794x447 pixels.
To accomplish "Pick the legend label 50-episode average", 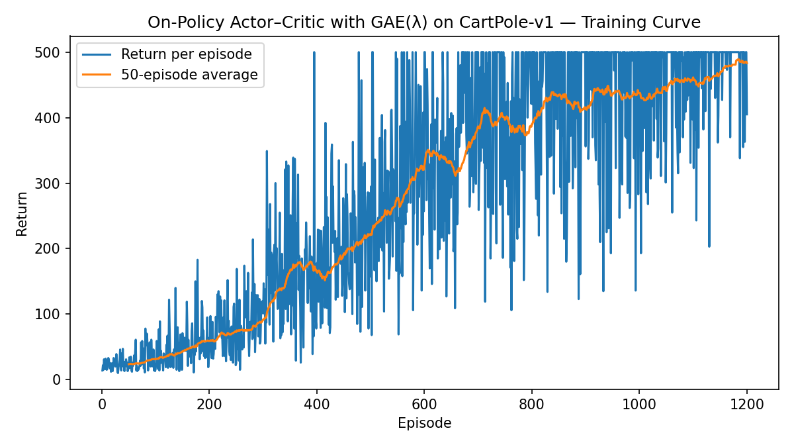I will [x=189, y=75].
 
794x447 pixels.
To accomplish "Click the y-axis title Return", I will [x=22, y=213].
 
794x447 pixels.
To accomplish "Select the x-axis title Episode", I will [x=424, y=424].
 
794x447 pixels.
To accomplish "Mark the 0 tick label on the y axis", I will [x=58, y=380].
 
